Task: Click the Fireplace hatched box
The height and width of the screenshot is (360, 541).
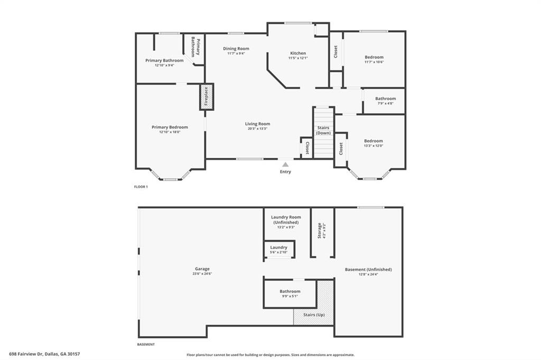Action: [x=207, y=97]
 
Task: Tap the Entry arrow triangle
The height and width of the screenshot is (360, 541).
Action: [x=285, y=165]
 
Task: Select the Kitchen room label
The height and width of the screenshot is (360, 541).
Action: [x=298, y=53]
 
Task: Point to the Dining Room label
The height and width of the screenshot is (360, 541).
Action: [x=236, y=49]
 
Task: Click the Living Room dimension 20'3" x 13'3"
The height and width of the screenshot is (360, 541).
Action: [x=257, y=129]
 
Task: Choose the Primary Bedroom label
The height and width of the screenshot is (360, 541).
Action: [x=170, y=127]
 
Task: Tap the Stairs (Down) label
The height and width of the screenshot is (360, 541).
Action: [x=323, y=130]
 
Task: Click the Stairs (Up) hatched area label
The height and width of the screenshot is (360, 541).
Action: [x=314, y=315]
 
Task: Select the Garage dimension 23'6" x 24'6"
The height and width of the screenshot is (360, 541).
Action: [x=202, y=274]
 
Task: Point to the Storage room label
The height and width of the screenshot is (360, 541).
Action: [x=320, y=230]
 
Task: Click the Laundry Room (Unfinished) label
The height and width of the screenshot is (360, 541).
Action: [x=286, y=220]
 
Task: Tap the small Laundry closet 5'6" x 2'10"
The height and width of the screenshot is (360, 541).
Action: [x=279, y=249]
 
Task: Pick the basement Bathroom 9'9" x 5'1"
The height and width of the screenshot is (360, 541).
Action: [x=290, y=293]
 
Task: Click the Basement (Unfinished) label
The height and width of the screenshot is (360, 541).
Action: [x=368, y=270]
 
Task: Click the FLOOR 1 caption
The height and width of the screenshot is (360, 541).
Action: [x=141, y=187]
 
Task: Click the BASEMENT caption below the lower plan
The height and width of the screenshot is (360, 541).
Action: [x=146, y=345]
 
